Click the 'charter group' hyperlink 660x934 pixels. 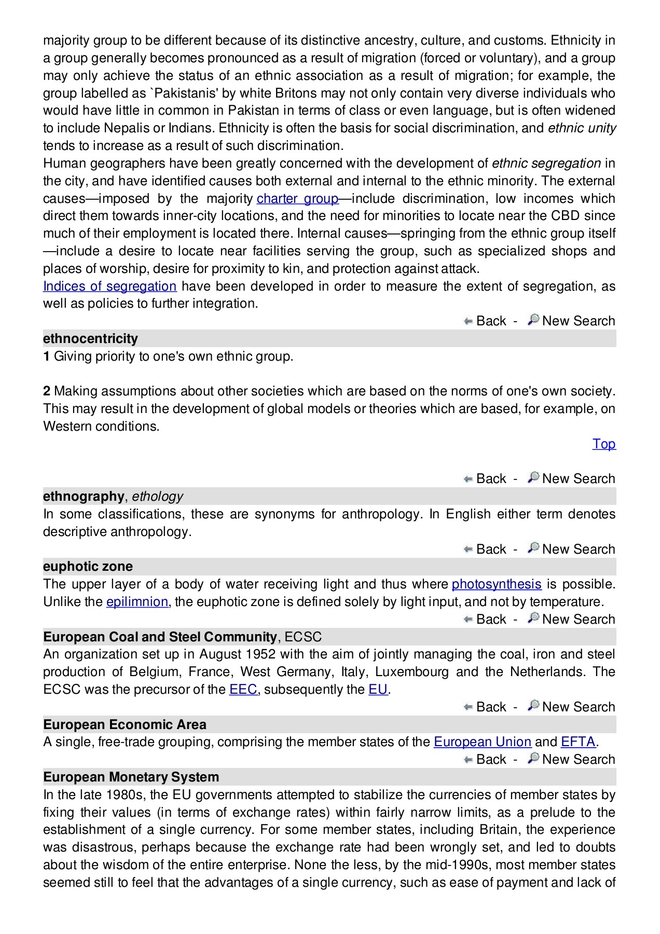pyautogui.click(x=297, y=199)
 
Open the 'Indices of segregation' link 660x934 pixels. pyautogui.click(x=109, y=286)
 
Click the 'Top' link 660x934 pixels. pyautogui.click(x=604, y=444)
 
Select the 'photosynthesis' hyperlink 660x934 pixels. pyautogui.click(x=497, y=584)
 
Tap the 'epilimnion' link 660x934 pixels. pyautogui.click(x=137, y=602)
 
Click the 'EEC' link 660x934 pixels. pyautogui.click(x=243, y=690)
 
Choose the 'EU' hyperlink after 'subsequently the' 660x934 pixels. pyautogui.click(x=378, y=690)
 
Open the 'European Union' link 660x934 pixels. pyautogui.click(x=482, y=742)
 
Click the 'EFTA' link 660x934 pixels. pyautogui.click(x=577, y=742)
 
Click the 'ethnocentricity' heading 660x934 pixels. pyautogui.click(x=90, y=339)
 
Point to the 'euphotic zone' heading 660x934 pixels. pyautogui.click(x=88, y=567)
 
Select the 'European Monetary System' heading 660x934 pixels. pyautogui.click(x=131, y=777)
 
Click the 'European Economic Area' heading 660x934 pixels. pyautogui.click(x=125, y=725)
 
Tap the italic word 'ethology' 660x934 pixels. pyautogui.click(x=157, y=497)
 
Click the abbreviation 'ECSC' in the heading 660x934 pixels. pyautogui.click(x=303, y=637)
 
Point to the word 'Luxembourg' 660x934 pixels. pyautogui.click(x=411, y=672)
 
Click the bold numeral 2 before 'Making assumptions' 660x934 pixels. pyautogui.click(x=47, y=391)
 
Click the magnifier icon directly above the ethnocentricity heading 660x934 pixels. pyautogui.click(x=533, y=320)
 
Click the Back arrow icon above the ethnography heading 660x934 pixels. pyautogui.click(x=468, y=479)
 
